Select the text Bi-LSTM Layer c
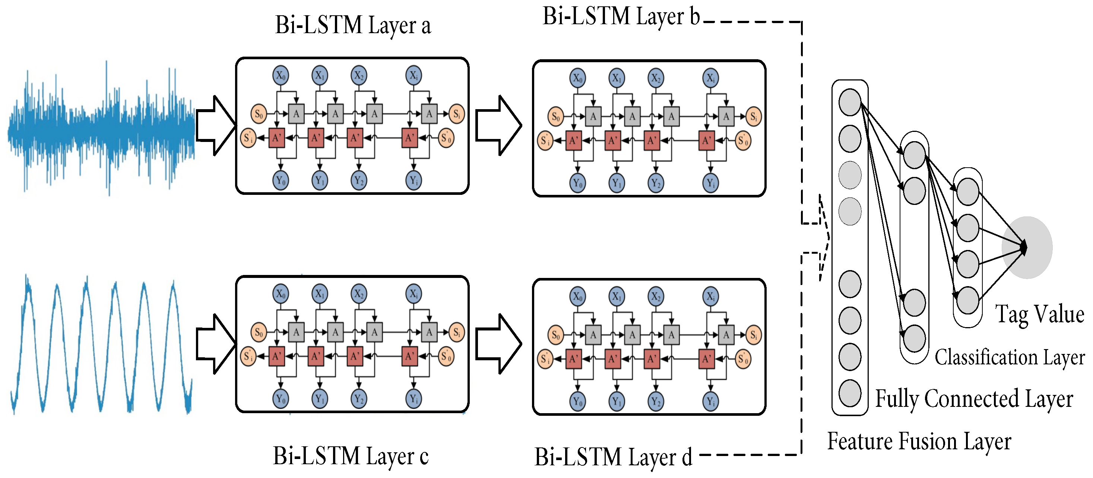tap(351, 456)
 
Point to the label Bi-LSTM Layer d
tap(613, 458)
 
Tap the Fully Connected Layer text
tap(974, 399)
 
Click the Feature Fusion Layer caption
tap(919, 441)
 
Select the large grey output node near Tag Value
tap(1027, 247)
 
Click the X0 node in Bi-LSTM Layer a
tap(281, 76)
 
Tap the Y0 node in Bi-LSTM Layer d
tap(577, 402)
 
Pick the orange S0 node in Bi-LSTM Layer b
tap(555, 117)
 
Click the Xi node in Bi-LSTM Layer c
tap(413, 294)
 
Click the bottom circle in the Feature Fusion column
tap(849, 393)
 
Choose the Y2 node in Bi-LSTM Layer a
tap(358, 181)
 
